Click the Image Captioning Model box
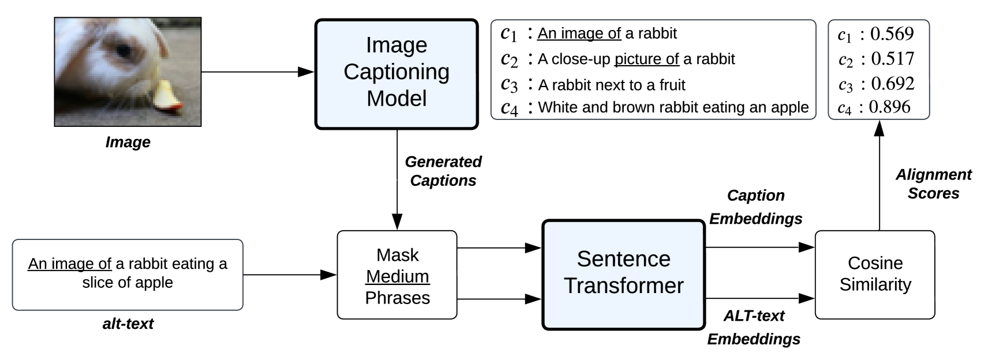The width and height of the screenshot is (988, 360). (x=396, y=74)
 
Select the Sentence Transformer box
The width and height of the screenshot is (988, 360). (x=623, y=274)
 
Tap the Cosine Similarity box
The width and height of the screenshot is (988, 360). (x=874, y=274)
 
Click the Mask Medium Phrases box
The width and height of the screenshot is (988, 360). (x=397, y=275)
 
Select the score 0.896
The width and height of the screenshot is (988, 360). (x=889, y=107)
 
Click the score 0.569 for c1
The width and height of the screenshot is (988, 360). (x=892, y=34)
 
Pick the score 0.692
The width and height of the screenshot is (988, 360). (x=892, y=84)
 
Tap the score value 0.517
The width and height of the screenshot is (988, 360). (x=892, y=59)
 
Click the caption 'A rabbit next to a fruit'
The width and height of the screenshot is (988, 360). (x=612, y=85)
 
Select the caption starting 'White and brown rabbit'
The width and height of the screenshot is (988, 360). (x=673, y=107)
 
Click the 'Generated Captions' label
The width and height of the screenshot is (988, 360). (x=443, y=171)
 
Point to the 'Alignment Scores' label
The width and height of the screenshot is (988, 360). (x=933, y=183)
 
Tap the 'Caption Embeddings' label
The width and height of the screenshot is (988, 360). (x=755, y=207)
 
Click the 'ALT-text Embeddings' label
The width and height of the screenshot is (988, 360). (x=754, y=327)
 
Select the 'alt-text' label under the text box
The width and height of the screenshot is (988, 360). (x=128, y=324)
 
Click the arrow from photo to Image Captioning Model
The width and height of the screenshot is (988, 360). (x=257, y=72)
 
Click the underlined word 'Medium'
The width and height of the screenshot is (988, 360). (x=397, y=276)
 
